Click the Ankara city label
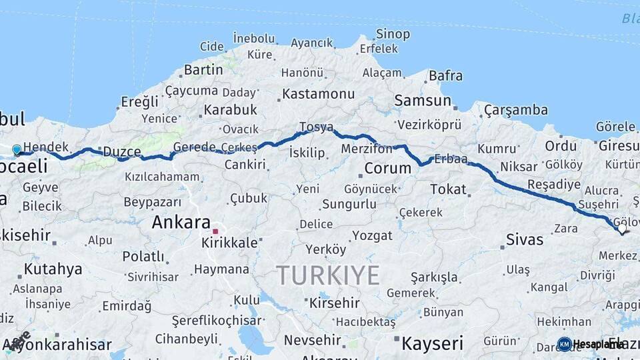[181, 222]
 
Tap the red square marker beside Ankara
[215, 231]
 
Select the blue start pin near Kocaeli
[17, 150]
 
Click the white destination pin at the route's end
[622, 229]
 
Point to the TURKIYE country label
[328, 275]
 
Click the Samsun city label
[423, 101]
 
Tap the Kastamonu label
[318, 94]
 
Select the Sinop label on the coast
[393, 33]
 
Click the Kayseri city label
[431, 343]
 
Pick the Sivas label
[525, 239]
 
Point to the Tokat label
[448, 189]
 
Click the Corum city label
[388, 168]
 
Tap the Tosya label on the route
[316, 127]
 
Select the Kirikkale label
[229, 243]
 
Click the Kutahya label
[53, 269]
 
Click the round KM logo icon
[564, 344]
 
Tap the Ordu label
[561, 146]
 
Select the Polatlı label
[143, 256]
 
